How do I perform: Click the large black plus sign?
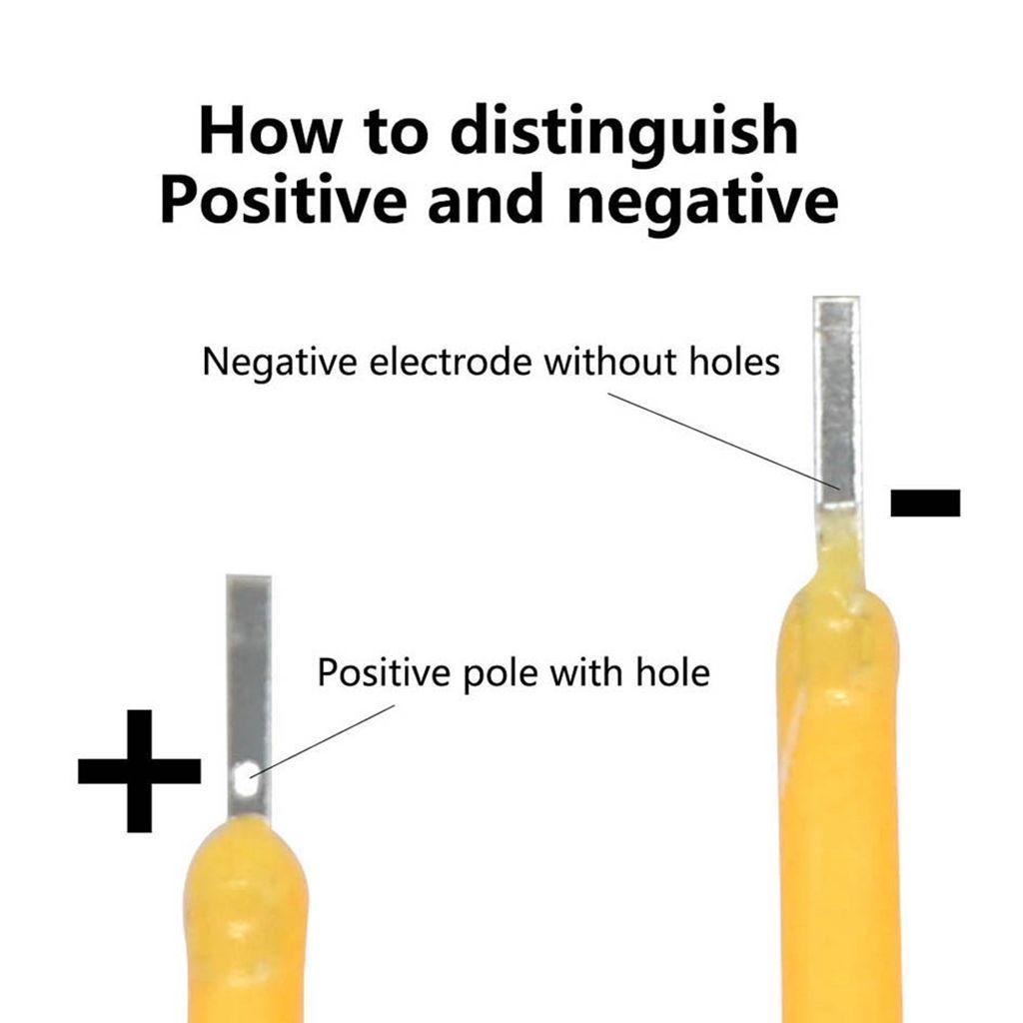(x=139, y=770)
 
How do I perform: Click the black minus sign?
(x=925, y=504)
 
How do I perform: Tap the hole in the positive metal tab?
(x=245, y=778)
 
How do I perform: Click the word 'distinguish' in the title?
(x=624, y=130)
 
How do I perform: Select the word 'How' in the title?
(x=270, y=130)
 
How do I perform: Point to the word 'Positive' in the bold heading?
(x=283, y=199)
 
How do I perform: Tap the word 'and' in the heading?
(x=485, y=199)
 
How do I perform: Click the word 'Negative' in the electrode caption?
(x=280, y=362)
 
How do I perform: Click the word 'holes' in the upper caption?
(x=734, y=361)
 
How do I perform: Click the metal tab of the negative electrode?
(x=837, y=404)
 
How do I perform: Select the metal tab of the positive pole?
(x=249, y=696)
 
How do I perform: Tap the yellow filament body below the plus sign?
(x=246, y=926)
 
